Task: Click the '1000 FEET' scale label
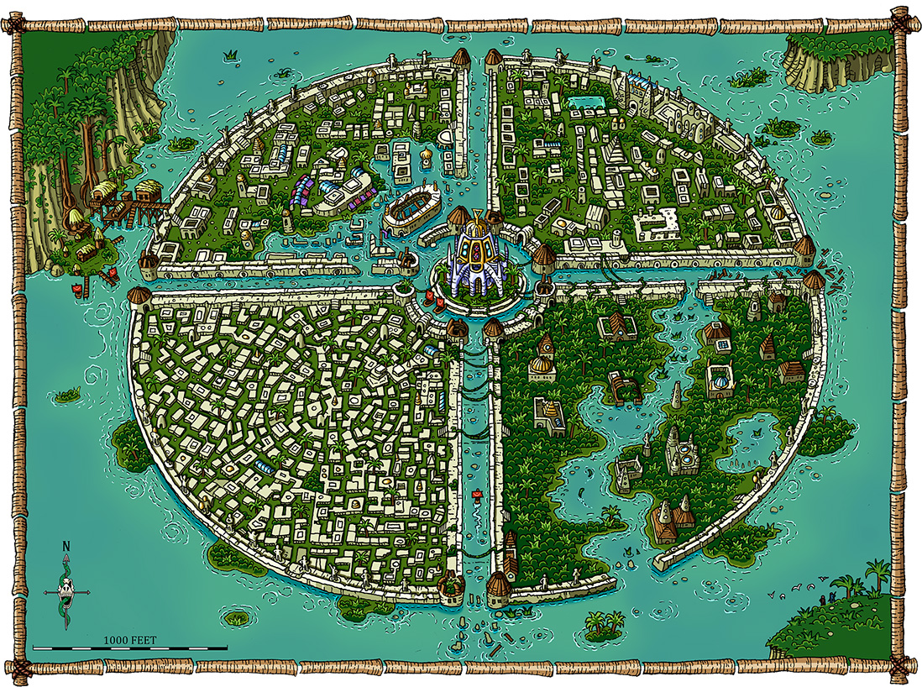point(130,640)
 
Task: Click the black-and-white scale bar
point(130,648)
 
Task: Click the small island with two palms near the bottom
point(605,624)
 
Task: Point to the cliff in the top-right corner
point(827,59)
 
